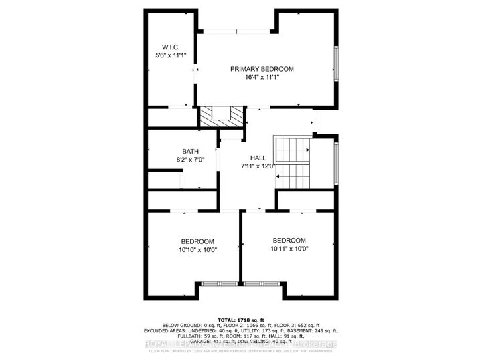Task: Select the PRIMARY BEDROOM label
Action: point(262,69)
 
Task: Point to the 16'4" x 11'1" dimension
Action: point(262,78)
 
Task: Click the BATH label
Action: point(190,152)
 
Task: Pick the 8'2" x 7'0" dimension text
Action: point(190,160)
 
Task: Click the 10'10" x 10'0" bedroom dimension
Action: point(197,250)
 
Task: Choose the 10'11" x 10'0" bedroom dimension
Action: point(289,249)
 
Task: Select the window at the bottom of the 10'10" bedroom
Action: point(218,284)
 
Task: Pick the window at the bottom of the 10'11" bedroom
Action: point(262,284)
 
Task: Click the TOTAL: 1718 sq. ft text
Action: point(241,320)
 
